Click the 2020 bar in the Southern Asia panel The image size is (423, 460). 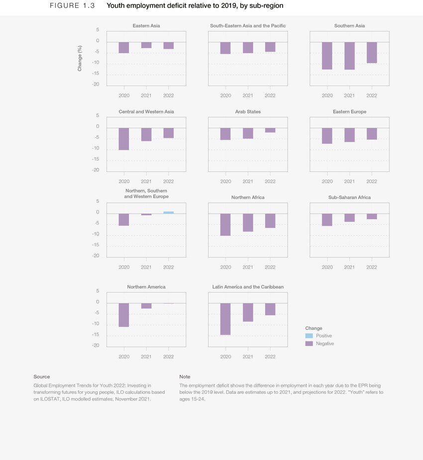[327, 55]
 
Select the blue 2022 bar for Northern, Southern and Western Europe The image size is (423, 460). [168, 212]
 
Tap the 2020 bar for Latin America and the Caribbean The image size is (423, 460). [225, 319]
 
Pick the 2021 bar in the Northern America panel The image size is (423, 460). [146, 306]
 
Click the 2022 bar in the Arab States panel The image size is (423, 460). [270, 130]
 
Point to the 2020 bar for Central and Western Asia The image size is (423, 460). [124, 139]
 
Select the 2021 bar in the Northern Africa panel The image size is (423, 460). [248, 222]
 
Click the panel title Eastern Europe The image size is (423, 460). [349, 112]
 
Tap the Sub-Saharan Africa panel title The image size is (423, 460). [349, 197]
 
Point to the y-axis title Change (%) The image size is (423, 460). [80, 58]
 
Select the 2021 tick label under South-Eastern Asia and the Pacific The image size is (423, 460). [248, 95]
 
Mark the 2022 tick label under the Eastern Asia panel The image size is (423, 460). [168, 95]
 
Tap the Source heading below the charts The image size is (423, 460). [41, 377]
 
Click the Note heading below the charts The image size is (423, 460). [185, 377]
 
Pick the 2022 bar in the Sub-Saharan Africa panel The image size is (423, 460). [371, 216]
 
